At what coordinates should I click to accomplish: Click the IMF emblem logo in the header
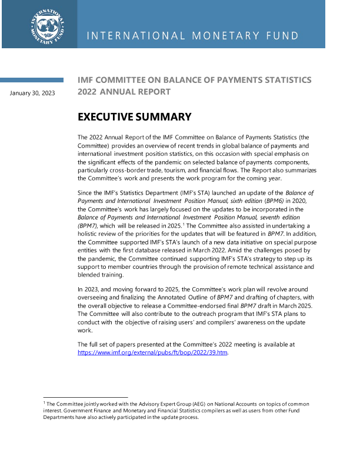tap(48, 25)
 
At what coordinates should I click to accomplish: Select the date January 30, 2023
tap(32, 92)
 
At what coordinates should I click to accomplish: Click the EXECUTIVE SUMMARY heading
tap(135, 117)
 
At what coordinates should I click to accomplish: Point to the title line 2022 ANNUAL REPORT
tap(124, 92)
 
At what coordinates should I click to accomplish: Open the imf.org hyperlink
tap(152, 352)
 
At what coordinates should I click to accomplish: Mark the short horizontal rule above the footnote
tap(85, 397)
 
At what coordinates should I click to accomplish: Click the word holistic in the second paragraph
tap(90, 234)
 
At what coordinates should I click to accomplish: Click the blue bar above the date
tap(32, 80)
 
